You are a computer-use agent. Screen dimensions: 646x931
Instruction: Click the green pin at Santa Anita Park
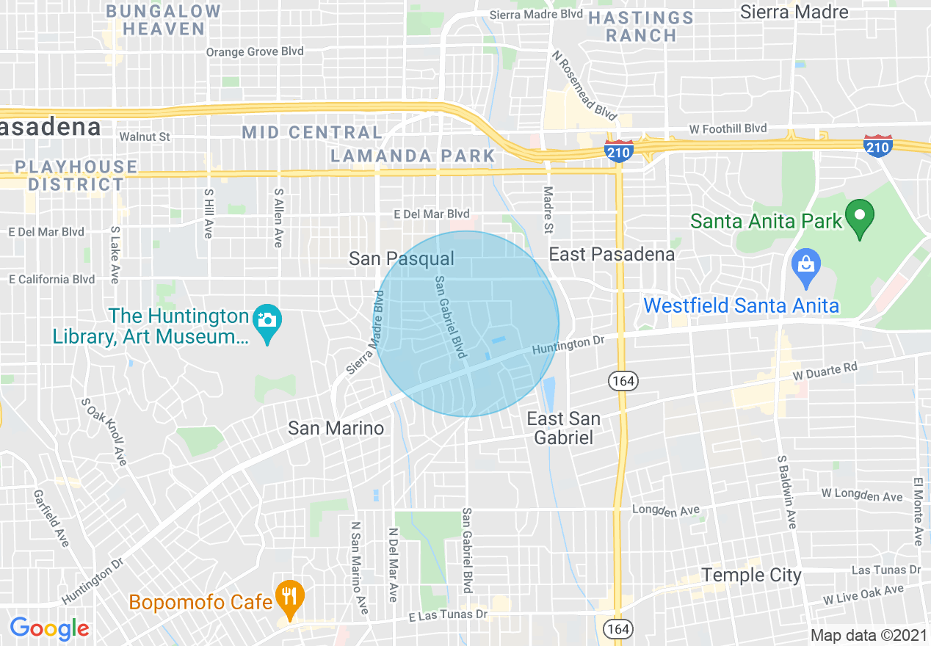(x=859, y=217)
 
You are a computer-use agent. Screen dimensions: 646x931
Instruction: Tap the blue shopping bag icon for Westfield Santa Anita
(x=806, y=266)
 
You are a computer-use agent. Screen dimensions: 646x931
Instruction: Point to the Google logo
(x=49, y=628)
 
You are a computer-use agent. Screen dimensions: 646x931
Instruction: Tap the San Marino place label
(x=336, y=428)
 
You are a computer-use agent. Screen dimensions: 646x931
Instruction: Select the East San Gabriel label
(x=564, y=428)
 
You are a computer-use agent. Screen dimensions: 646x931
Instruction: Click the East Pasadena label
(x=612, y=255)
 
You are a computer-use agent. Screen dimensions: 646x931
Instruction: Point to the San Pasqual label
(x=402, y=258)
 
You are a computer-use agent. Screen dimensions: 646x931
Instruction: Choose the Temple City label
(x=751, y=575)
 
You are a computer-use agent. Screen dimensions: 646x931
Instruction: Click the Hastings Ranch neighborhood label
(x=641, y=26)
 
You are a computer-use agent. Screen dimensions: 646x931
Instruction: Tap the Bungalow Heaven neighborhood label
(x=163, y=20)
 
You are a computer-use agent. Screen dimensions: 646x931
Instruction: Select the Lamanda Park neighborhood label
(x=413, y=156)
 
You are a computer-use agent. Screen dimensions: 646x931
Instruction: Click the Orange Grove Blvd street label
(x=255, y=51)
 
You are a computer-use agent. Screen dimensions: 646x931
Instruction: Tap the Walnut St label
(x=145, y=137)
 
